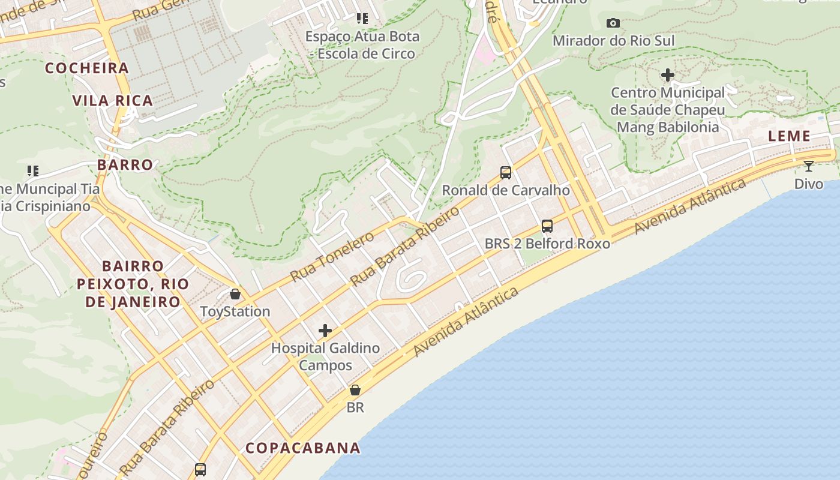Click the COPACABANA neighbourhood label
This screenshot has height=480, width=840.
(303, 448)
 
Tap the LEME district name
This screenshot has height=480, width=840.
(790, 136)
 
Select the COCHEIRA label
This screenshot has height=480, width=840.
(88, 68)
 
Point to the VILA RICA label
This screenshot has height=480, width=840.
(113, 101)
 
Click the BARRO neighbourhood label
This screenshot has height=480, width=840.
(125, 165)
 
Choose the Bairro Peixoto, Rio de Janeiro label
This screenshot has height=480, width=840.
(133, 284)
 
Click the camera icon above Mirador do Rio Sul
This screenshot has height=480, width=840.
(613, 23)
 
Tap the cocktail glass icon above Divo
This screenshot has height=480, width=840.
(809, 166)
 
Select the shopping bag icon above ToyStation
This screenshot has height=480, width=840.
(235, 294)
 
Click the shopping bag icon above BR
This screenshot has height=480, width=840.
(355, 390)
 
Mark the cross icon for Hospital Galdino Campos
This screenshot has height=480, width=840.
(325, 331)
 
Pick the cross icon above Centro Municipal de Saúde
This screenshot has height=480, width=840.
(668, 75)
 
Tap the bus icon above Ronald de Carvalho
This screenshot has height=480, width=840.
(506, 173)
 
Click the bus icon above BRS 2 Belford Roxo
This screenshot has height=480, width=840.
(547, 226)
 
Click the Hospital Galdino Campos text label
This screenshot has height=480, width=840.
(325, 356)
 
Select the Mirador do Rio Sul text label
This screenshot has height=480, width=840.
(613, 41)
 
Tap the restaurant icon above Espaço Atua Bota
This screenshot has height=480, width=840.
(362, 19)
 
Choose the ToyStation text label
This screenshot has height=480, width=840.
(235, 312)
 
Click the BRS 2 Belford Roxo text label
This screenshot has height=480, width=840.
(547, 244)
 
